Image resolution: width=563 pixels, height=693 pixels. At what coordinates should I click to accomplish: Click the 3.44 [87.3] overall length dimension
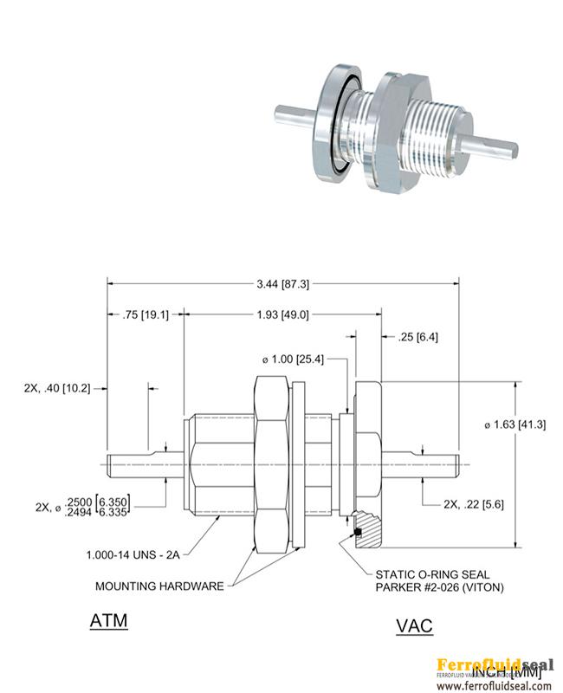[283, 283]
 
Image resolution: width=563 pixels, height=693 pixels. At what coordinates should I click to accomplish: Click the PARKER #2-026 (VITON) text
[440, 588]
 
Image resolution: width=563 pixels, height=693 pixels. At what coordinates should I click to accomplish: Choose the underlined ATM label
[108, 622]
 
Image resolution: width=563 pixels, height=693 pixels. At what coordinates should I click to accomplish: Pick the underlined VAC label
[413, 625]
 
